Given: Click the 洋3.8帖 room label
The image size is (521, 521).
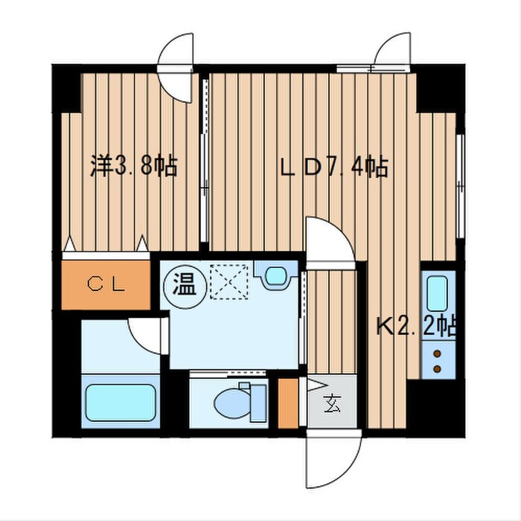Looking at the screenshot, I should pos(134,166).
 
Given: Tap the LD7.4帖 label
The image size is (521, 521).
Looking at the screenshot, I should pos(333,168).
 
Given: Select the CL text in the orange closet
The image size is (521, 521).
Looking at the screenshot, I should pos(108,284).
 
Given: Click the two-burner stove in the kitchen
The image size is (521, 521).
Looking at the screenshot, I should pos(438,359).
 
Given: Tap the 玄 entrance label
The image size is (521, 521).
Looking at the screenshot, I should pos(332,406).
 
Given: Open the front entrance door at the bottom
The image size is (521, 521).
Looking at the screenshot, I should pos(333,458).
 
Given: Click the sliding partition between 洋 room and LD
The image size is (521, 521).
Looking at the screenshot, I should pos(205,160).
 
